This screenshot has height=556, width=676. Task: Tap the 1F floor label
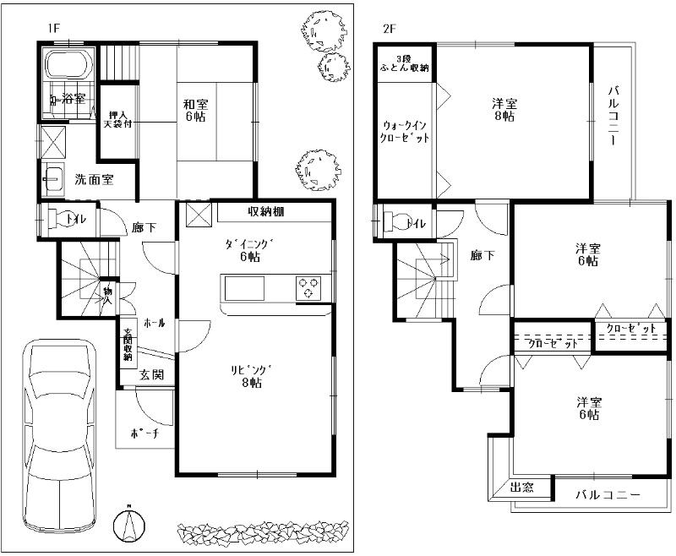(54, 28)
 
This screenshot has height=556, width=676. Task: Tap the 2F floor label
(390, 28)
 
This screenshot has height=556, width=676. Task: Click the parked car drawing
(60, 422)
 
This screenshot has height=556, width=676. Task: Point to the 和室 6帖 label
(197, 111)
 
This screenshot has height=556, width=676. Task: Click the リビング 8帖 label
(251, 376)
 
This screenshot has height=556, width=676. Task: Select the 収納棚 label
(265, 211)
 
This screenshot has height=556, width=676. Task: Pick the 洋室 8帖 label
(505, 110)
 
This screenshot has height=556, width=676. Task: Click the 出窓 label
(522, 488)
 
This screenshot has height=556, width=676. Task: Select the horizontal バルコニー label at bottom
(608, 494)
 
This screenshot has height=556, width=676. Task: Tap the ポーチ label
(141, 434)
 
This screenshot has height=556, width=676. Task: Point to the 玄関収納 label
(127, 345)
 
